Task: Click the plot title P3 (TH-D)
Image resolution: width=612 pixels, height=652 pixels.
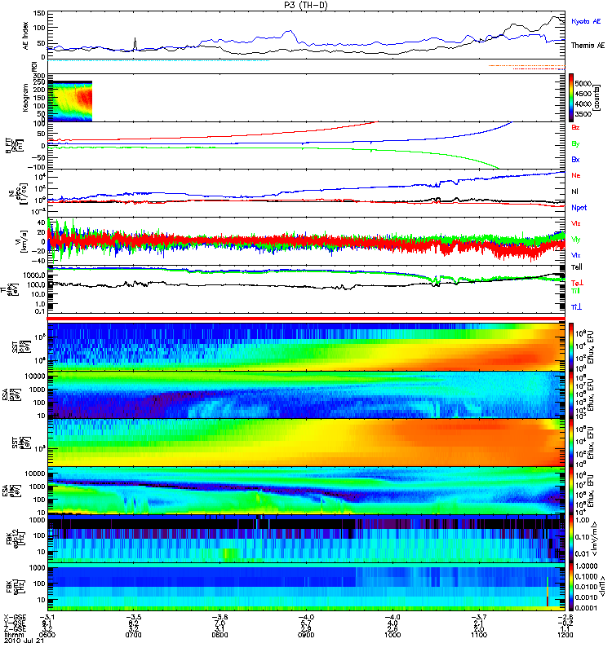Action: pyautogui.click(x=306, y=5)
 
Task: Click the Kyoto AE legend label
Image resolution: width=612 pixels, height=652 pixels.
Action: pyautogui.click(x=587, y=22)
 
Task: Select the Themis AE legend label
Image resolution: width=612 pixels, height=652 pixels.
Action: pyautogui.click(x=588, y=46)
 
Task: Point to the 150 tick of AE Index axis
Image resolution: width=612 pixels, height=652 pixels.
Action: pyautogui.click(x=40, y=14)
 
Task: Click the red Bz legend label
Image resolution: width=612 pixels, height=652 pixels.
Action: pyautogui.click(x=576, y=128)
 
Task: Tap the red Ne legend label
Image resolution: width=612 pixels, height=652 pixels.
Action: pyautogui.click(x=576, y=175)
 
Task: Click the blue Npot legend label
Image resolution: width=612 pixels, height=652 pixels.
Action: pyautogui.click(x=579, y=207)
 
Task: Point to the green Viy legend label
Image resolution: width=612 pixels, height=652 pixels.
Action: pyautogui.click(x=576, y=239)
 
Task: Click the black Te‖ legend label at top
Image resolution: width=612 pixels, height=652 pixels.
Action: pyautogui.click(x=576, y=267)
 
